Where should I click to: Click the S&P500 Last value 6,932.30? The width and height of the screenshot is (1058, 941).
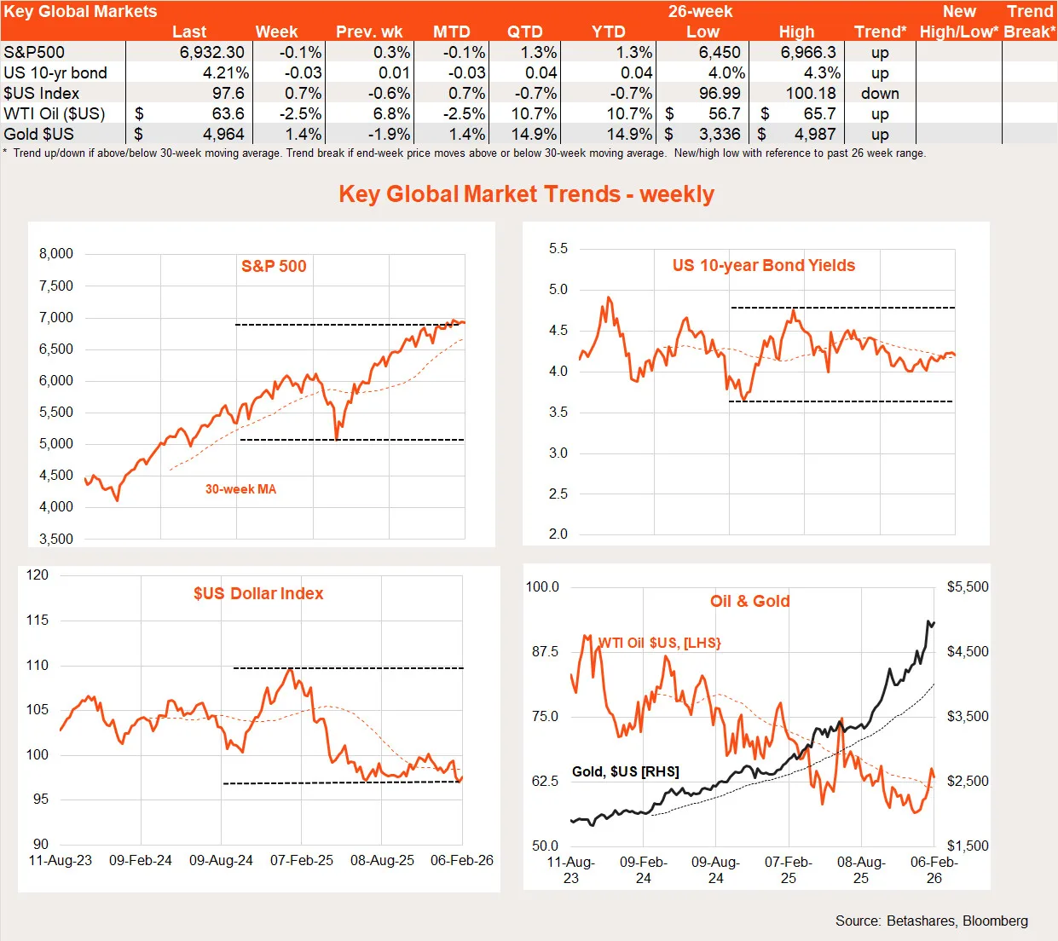point(211,52)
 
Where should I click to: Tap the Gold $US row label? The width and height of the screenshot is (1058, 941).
point(38,134)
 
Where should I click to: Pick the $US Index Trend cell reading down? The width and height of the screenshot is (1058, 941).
point(880,93)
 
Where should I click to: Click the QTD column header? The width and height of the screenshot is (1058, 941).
point(524,32)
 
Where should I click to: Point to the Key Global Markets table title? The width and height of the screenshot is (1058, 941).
point(80,11)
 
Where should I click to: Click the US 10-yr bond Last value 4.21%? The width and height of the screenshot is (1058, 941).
point(226,72)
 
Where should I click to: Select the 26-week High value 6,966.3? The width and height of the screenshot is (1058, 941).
point(808,52)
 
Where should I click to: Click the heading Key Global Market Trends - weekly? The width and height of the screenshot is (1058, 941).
point(527,194)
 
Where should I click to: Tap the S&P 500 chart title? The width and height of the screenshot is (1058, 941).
point(274,266)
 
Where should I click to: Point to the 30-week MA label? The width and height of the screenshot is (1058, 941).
point(240,489)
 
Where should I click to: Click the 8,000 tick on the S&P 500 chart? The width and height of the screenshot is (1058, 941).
point(56,253)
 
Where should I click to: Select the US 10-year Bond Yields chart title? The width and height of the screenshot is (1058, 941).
point(763,265)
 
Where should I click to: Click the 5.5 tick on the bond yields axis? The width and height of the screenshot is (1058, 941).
point(558,249)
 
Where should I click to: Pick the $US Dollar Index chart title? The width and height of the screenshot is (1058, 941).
point(258,593)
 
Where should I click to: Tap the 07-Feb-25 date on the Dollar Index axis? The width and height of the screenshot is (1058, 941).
point(302,860)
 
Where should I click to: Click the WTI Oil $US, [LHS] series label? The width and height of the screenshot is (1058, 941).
point(659,643)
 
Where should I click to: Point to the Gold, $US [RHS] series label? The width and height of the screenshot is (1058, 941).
point(626,771)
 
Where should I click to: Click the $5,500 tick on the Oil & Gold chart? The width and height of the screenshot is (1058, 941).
point(968,586)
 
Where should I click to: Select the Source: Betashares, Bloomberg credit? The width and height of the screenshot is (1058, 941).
point(931,921)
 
